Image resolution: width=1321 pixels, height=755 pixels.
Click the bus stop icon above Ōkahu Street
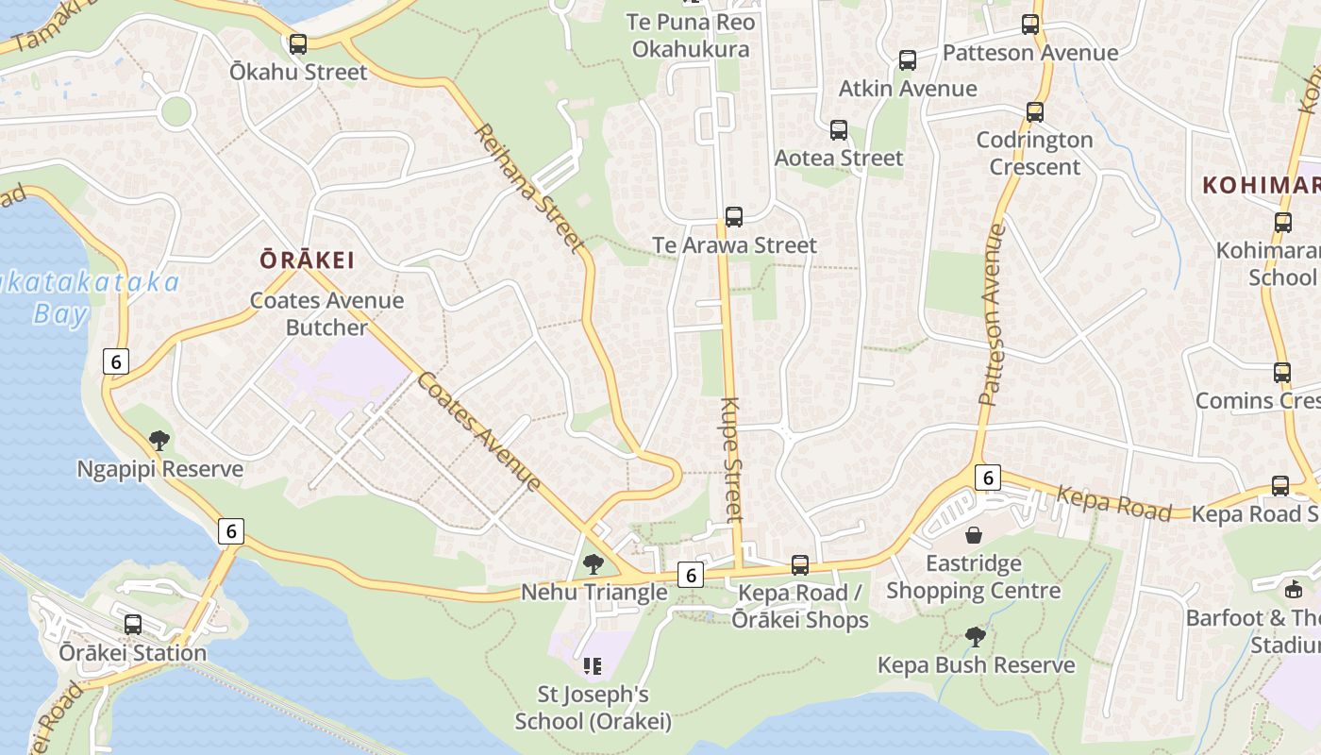tap(298, 43)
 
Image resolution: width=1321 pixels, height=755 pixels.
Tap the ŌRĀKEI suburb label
tap(308, 260)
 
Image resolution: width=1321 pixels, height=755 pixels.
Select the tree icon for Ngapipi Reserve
tap(159, 440)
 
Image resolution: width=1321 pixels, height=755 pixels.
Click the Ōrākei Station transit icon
tap(133, 624)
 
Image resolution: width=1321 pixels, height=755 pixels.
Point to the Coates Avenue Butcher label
tap(326, 314)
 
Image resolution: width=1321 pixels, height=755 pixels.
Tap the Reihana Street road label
tap(527, 189)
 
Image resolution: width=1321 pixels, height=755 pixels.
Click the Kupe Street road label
tap(733, 459)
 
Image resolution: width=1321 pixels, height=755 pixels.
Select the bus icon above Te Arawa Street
tap(734, 217)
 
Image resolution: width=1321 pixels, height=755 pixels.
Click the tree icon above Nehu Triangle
tap(594, 564)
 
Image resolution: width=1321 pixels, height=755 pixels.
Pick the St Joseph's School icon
tap(593, 666)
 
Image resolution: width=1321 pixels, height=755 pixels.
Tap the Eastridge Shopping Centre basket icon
tap(974, 535)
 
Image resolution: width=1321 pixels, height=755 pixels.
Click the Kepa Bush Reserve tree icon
tap(976, 637)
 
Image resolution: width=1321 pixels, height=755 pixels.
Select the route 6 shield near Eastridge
tap(987, 478)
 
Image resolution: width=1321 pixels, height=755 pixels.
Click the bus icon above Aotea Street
tap(839, 130)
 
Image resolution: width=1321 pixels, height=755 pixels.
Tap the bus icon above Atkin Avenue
tap(908, 60)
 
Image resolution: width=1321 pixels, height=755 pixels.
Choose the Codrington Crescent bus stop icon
tap(1035, 112)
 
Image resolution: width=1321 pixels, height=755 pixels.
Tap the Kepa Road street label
tap(1113, 504)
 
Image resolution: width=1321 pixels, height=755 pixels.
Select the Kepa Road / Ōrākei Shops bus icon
tap(800, 565)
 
